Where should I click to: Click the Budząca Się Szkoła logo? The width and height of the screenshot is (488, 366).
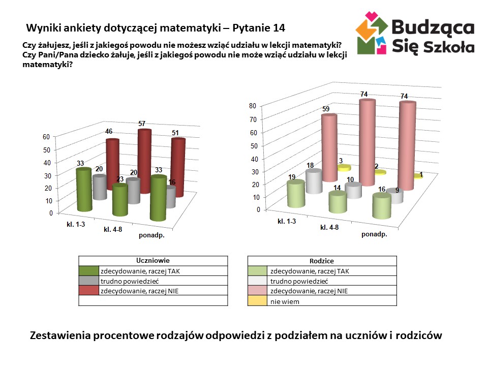(415, 34)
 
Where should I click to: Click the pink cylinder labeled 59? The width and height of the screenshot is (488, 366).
(328, 147)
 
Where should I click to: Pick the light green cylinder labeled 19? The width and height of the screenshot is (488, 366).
(295, 194)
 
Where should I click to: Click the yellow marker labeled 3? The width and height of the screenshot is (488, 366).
(344, 167)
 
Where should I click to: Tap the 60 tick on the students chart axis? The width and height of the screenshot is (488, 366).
(46, 137)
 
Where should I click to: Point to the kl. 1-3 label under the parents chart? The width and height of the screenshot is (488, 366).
(287, 221)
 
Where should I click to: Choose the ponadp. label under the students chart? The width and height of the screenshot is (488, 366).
(152, 235)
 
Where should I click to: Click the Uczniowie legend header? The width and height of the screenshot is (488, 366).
(153, 261)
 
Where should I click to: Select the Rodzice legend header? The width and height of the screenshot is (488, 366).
(322, 261)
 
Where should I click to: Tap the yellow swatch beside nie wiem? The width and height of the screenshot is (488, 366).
(257, 301)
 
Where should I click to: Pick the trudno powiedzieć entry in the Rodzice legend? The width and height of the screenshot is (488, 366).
(299, 281)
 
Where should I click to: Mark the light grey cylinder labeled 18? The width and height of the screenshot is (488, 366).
(314, 181)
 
